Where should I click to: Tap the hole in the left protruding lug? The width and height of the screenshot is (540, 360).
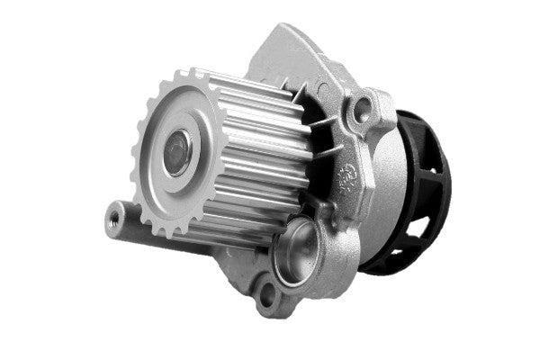coord(114,214)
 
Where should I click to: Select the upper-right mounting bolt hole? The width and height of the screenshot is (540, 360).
coord(363,110)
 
